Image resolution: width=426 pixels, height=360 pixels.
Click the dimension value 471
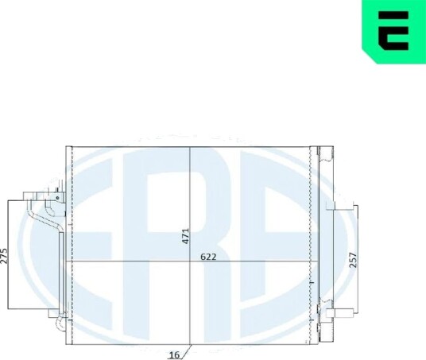pos(185,236)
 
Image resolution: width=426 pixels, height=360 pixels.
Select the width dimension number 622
pos(208,257)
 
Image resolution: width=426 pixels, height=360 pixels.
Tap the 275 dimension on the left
pos(4,256)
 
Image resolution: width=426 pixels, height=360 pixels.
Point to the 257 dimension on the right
pos(353,260)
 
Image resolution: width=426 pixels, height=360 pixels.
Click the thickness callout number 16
pos(174,355)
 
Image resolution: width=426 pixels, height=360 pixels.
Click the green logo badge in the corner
pos(393,32)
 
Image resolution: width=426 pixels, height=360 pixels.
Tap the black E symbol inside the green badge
pos(393,31)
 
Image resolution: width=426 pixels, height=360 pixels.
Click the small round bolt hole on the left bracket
pos(57,198)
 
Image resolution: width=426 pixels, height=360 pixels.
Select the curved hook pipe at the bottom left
pos(60,323)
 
